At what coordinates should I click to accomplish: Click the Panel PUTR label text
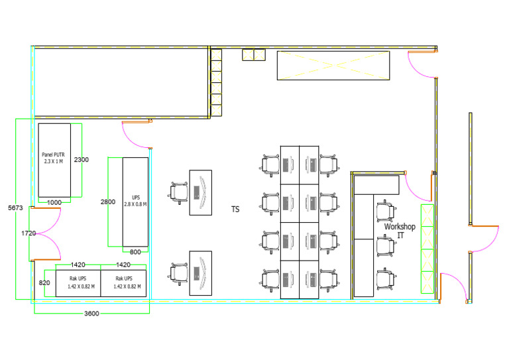53,158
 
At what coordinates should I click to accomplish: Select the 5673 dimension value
15,208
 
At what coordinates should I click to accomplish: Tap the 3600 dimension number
91,313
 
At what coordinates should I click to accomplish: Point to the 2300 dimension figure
81,159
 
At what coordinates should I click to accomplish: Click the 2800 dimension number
108,202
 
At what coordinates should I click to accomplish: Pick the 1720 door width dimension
28,233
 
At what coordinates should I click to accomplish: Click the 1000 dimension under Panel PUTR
54,203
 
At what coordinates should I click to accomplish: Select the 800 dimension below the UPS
135,252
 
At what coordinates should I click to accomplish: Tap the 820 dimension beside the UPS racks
44,282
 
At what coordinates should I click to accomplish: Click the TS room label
235,209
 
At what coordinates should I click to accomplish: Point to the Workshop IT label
400,231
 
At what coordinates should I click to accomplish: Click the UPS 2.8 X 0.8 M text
135,201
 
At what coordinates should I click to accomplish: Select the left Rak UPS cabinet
78,283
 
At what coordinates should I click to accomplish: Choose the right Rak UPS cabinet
123,283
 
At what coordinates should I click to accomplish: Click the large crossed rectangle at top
333,65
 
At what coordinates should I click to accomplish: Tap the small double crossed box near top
254,54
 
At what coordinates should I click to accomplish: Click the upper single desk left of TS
201,192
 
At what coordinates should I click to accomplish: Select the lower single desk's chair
178,274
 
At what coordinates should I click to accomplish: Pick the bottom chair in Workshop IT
386,279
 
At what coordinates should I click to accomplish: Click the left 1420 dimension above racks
78,265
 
